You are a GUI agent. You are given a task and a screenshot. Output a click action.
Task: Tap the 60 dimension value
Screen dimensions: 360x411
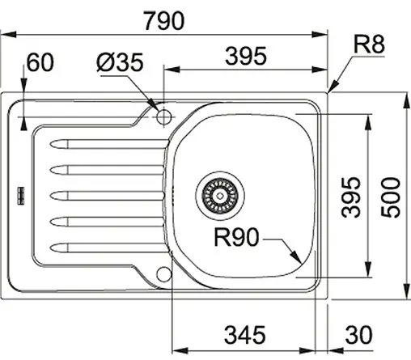click(40, 62)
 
